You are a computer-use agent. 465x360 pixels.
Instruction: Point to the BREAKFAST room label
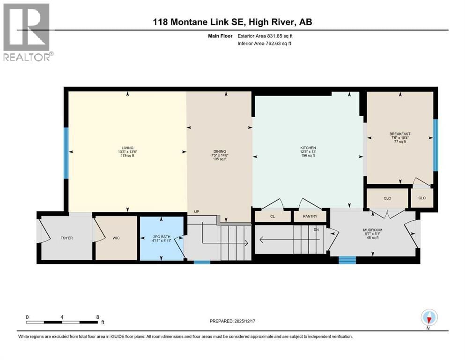click(399, 134)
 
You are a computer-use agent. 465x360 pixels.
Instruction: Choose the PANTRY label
click(310, 216)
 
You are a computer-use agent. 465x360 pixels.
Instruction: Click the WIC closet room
click(116, 238)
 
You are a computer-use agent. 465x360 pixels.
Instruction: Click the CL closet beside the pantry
click(273, 216)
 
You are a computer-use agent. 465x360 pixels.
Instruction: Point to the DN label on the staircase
click(316, 230)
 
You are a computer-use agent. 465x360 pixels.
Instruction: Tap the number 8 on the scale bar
click(97, 316)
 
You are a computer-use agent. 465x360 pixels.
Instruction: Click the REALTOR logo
click(27, 32)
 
